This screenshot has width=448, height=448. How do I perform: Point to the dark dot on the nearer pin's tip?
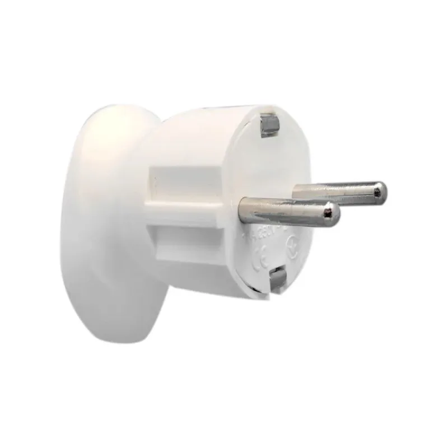[x=335, y=214]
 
